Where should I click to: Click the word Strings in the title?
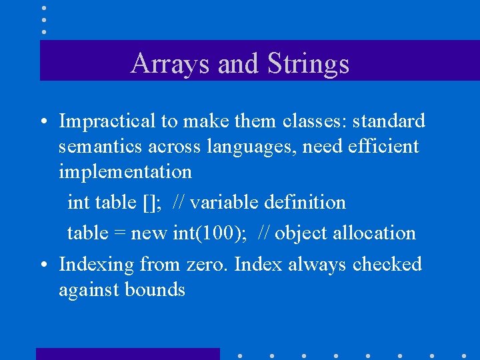tap(309, 64)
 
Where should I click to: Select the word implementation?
tap(125, 172)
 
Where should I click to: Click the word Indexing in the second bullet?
tap(97, 265)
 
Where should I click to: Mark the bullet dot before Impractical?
tap(42, 123)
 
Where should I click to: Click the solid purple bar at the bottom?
tap(127, 354)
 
